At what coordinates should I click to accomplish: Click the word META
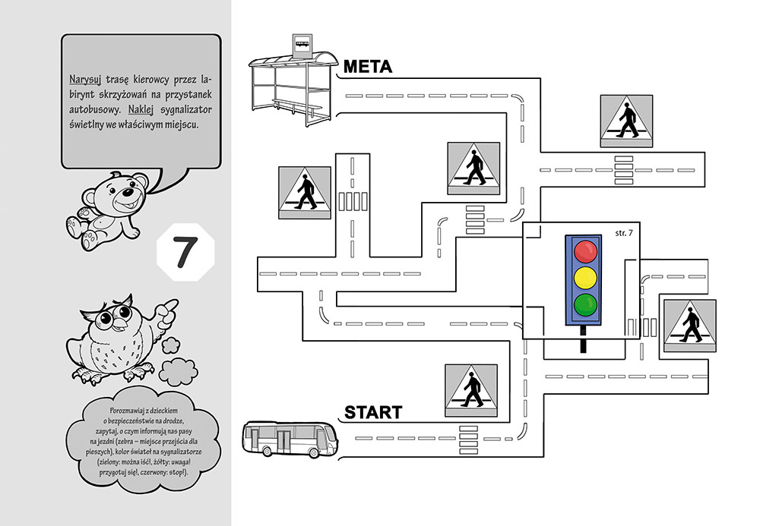pos(367,67)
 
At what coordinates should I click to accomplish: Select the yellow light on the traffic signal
pos(585,277)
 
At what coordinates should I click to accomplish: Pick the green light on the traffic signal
pos(585,304)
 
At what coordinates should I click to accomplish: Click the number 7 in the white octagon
pos(185,253)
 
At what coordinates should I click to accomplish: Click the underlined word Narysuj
pos(84,80)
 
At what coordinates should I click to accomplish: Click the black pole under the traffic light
pos(584,339)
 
